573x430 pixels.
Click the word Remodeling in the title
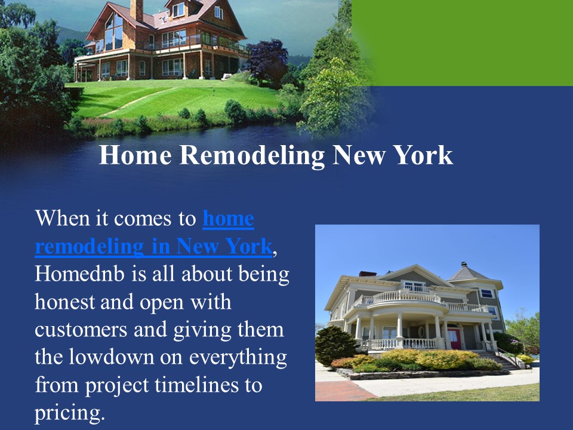pos(251,156)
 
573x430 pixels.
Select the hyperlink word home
pos(228,219)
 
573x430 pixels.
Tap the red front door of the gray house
pos(454,337)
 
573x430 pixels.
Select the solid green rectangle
pos(463,42)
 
